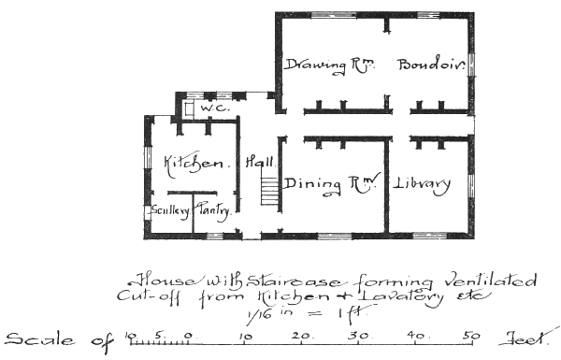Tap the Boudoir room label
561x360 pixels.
point(430,65)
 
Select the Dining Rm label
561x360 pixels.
point(330,183)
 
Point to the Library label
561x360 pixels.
point(422,182)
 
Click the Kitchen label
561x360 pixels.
point(196,164)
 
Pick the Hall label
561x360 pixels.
point(258,162)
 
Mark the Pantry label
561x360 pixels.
point(212,211)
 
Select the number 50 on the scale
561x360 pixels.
point(474,336)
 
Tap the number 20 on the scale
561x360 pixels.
point(302,336)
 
